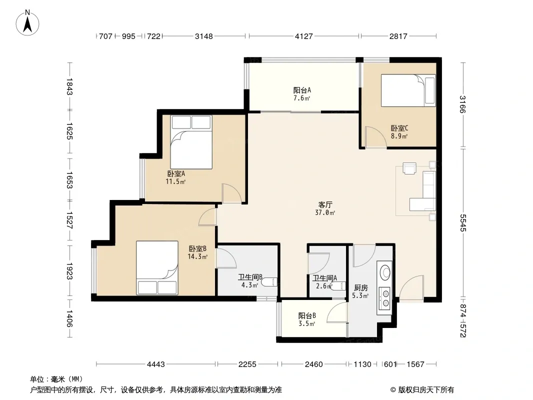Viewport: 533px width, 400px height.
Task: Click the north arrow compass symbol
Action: (27, 23)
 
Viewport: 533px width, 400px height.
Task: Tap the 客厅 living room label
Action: (325, 204)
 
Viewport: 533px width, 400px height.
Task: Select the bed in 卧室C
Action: (408, 90)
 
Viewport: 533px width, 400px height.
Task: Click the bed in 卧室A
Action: (191, 142)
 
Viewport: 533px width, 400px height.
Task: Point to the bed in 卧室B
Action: (157, 268)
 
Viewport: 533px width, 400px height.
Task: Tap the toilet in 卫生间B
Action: (269, 282)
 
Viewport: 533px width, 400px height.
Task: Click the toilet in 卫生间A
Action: (338, 286)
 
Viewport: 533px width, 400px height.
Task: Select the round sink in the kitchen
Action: (385, 272)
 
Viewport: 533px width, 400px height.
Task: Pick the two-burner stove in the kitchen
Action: (385, 297)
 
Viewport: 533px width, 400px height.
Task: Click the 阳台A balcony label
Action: (302, 90)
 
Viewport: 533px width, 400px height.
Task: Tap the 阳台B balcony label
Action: (307, 315)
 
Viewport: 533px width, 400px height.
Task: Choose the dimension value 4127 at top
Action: (303, 36)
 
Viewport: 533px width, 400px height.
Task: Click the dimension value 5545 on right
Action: (463, 222)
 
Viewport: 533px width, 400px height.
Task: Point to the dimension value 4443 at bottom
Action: (155, 364)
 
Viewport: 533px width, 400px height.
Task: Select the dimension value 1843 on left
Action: (69, 86)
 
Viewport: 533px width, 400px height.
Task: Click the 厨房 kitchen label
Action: (360, 288)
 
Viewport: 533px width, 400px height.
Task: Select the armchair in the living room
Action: (409, 168)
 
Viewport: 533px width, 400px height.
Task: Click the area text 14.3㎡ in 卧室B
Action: (197, 256)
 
